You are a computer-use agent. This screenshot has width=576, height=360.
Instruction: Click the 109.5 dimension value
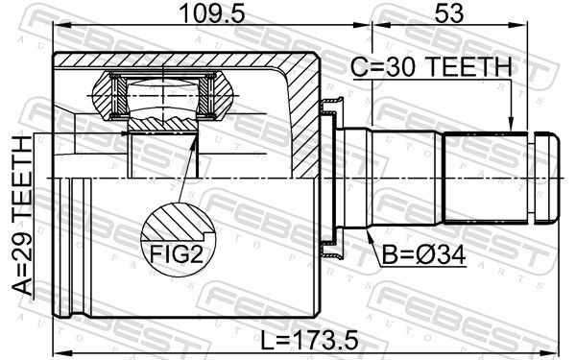pos(211,13)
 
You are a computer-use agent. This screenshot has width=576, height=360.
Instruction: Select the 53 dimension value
pos(449,13)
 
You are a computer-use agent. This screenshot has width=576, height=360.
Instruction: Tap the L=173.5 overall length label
pos(308,340)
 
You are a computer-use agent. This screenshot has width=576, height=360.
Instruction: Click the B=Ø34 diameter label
pos(423,254)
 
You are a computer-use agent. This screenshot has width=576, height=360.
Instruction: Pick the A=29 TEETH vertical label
pos(22,215)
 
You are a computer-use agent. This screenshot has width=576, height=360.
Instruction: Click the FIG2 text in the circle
pos(177,253)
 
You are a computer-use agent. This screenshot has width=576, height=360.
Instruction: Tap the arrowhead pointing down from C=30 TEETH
pos(511,124)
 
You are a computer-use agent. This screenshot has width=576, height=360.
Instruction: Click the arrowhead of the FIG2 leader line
pos(193,141)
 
